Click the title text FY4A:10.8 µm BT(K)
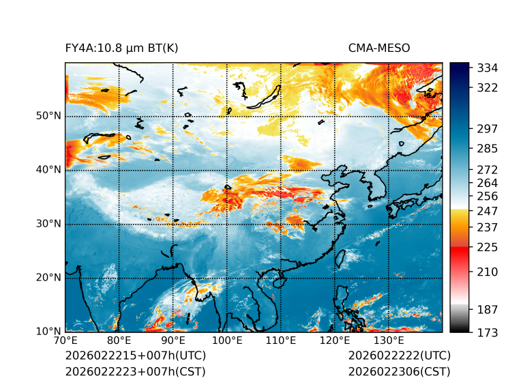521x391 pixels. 121,48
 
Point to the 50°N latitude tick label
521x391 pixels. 48,116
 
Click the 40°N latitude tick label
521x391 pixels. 48,170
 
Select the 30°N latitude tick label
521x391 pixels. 48,224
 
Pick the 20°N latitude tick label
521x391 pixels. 48,278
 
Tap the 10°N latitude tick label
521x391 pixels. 48,332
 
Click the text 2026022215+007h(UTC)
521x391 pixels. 136,356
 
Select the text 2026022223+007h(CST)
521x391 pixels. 135,371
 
